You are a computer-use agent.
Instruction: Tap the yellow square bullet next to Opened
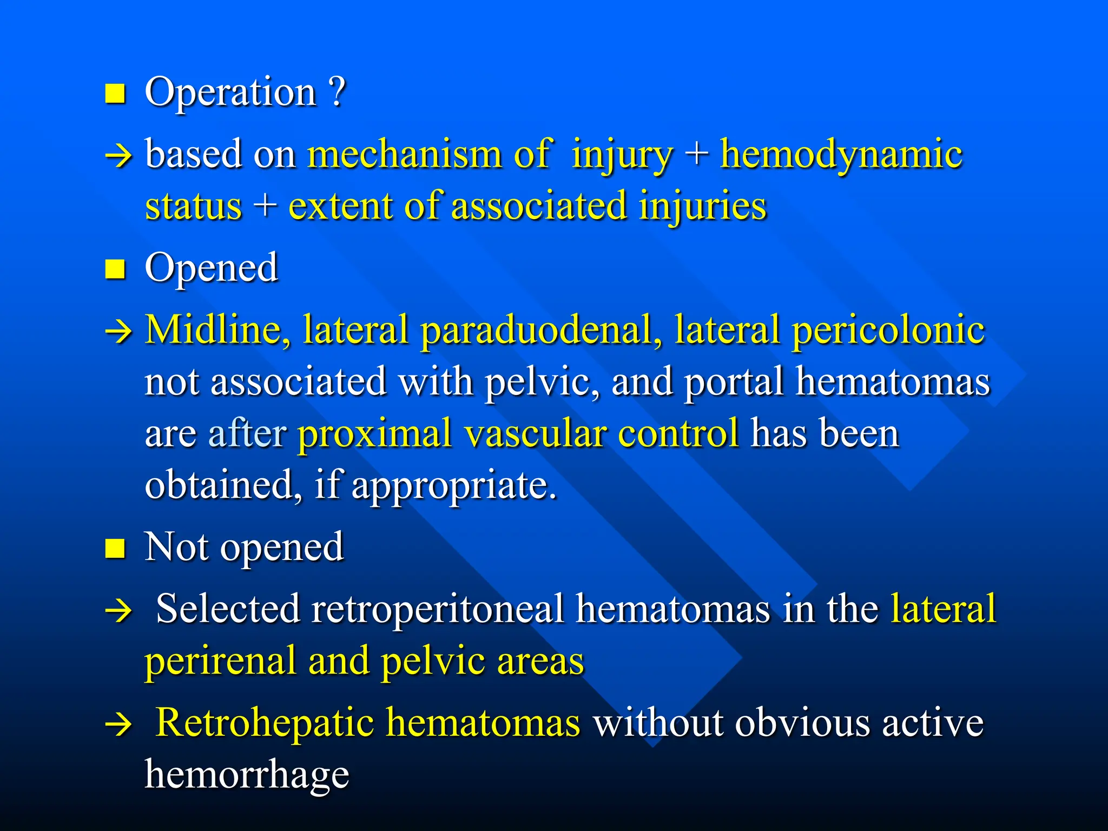point(115,268)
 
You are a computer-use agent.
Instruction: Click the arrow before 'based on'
point(118,157)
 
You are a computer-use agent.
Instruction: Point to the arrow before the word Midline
point(118,332)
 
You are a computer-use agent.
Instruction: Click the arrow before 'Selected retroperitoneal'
point(118,611)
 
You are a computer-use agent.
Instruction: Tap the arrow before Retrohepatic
point(118,725)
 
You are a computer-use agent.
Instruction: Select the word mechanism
point(405,154)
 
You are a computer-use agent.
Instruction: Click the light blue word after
point(247,433)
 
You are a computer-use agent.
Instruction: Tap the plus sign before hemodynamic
point(696,154)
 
